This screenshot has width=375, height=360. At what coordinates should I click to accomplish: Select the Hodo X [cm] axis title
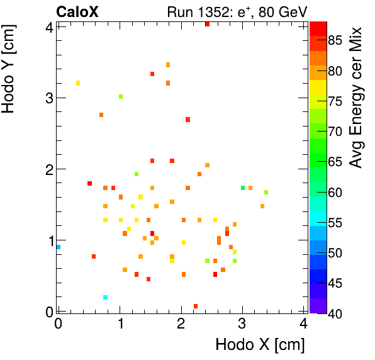tap(260, 344)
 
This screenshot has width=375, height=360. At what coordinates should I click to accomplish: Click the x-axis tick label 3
tap(242, 324)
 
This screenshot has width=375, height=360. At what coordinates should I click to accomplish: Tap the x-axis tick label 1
tap(120, 324)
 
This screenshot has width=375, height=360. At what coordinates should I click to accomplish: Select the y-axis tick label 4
tap(48, 26)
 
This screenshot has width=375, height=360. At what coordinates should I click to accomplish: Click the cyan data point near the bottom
tap(105, 297)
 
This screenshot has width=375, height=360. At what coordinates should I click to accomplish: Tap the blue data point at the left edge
tap(59, 247)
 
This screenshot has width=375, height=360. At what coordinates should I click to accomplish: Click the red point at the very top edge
tap(207, 24)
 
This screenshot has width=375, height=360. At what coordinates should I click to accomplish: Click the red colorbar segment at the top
tap(318, 28)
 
